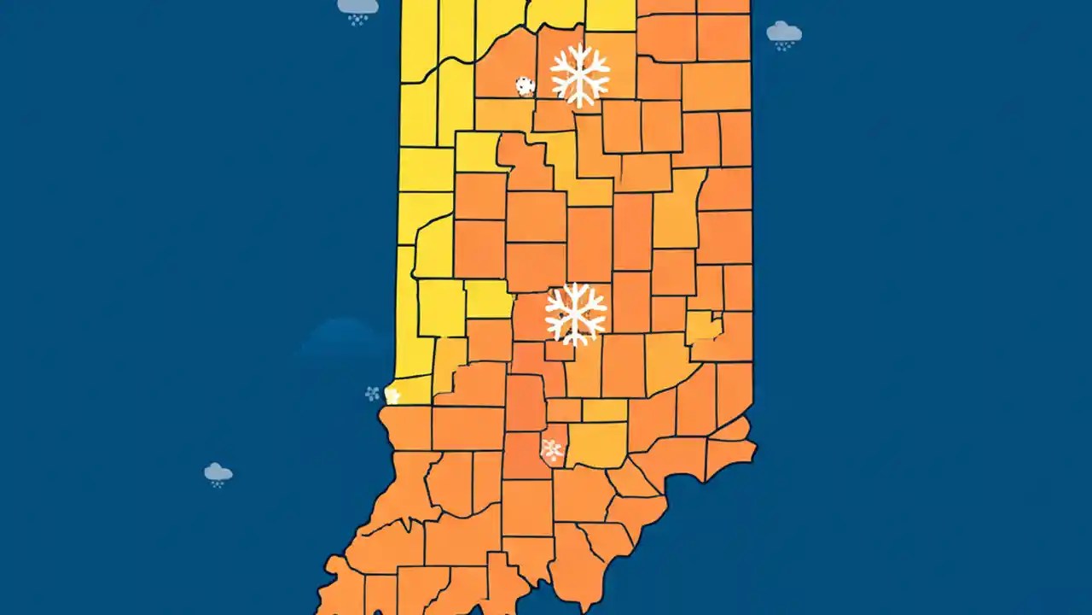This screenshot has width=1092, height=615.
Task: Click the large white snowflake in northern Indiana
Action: tap(580, 75)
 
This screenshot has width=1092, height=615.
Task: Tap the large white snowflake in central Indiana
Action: tap(576, 313)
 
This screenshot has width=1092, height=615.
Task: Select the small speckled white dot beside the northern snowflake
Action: tap(525, 85)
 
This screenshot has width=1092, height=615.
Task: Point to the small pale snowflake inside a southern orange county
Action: tap(552, 449)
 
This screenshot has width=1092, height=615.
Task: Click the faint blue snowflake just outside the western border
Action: tap(372, 394)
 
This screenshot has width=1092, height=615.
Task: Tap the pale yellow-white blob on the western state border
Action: tap(392, 395)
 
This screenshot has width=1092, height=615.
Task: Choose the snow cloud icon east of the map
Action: tap(783, 33)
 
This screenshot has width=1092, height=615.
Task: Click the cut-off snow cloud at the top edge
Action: tap(357, 8)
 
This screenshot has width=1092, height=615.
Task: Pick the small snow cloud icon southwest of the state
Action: tap(218, 473)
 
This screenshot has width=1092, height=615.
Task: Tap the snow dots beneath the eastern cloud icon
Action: tap(783, 47)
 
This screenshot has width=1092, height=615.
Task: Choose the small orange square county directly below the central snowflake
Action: tap(560, 351)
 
